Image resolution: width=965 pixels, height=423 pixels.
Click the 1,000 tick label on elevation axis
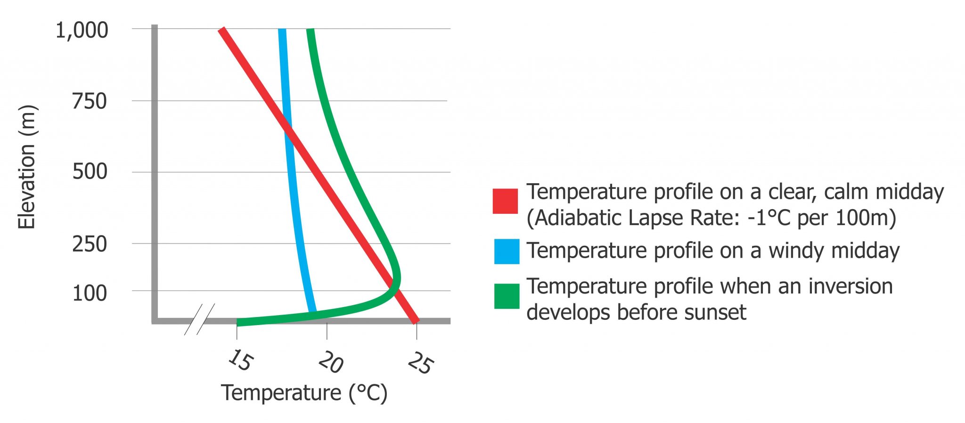[82, 31]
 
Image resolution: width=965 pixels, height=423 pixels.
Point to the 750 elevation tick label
[90, 101]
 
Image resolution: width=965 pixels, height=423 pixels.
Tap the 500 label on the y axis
[90, 171]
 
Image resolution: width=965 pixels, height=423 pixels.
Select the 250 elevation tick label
[90, 244]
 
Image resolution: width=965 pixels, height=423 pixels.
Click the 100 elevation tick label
[90, 293]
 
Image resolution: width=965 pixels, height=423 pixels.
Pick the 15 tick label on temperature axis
[240, 360]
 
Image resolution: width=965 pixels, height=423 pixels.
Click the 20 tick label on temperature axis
[330, 363]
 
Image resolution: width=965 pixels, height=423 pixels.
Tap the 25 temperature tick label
[419, 363]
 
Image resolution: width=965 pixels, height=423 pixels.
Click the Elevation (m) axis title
[27, 167]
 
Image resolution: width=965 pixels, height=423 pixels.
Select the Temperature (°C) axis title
[304, 393]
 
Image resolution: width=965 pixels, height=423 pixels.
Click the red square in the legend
[505, 201]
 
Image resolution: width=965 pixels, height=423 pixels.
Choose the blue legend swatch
[507, 251]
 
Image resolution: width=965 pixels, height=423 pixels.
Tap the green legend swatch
[507, 296]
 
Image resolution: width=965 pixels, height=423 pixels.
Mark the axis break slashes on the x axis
[199, 319]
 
